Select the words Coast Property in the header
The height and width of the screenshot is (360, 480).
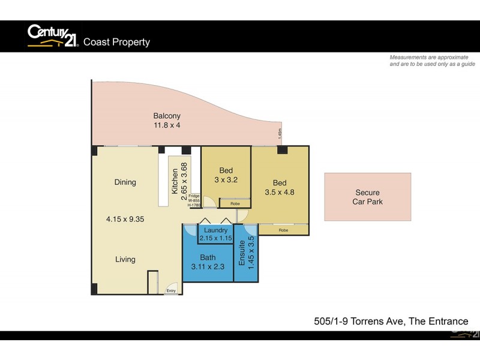pos(116,42)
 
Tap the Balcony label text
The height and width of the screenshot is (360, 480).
pos(166,116)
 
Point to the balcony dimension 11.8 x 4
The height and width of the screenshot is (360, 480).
pos(166,125)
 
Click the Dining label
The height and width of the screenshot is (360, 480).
pos(125,182)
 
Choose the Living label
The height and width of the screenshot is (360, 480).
pos(125,260)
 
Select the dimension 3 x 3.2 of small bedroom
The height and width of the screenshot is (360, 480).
pos(226,179)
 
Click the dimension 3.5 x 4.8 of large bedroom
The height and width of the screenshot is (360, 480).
pos(280,193)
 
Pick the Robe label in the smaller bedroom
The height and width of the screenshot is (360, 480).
pos(235,203)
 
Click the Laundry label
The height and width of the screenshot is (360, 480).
pos(215,230)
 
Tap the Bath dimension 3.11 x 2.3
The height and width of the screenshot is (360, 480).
pos(208,267)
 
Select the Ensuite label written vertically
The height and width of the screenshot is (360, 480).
pos(242,253)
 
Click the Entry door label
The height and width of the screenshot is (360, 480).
pos(171,290)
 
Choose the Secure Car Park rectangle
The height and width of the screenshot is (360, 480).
pos(367,197)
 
